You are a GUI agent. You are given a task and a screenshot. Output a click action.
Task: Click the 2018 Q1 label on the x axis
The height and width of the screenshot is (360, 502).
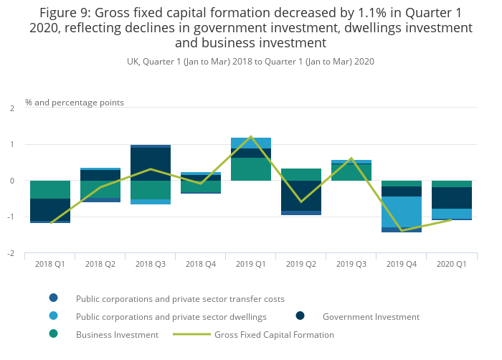[x=50, y=265]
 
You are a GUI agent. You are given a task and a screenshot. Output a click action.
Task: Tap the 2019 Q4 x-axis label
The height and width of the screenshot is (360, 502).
[x=402, y=265]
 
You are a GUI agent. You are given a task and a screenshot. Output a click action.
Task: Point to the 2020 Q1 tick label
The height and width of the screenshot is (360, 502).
[x=452, y=265]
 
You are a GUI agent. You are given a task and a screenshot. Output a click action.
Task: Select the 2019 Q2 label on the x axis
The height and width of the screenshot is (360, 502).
[x=301, y=265]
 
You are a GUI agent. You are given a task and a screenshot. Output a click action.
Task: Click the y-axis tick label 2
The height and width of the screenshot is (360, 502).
[x=11, y=108]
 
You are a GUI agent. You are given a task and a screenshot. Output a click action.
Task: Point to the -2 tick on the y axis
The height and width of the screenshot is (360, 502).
[x=10, y=254]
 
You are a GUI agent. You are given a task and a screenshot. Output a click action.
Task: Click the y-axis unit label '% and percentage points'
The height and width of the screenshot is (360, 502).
[x=75, y=103]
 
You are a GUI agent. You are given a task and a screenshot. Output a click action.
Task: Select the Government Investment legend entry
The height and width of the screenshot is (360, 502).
[x=371, y=316]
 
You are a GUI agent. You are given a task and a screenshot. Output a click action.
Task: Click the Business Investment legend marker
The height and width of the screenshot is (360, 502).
[x=53, y=334]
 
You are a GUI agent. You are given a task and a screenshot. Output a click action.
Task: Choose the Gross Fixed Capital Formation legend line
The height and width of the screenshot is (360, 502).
[x=191, y=334]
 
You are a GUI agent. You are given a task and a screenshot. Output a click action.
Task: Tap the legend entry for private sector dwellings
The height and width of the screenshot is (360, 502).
[x=171, y=316]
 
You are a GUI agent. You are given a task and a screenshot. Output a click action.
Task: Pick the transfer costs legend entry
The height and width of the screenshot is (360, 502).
[x=180, y=298]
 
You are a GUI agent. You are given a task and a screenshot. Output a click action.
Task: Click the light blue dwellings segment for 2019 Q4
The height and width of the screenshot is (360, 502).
[x=402, y=212]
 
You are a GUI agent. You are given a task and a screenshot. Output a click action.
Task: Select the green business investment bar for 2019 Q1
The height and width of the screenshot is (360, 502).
[x=251, y=169]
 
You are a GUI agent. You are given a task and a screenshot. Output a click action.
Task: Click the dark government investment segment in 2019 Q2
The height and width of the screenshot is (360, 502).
[x=301, y=195]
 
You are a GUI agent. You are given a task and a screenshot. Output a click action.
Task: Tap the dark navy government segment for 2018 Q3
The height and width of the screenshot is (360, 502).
[x=151, y=164]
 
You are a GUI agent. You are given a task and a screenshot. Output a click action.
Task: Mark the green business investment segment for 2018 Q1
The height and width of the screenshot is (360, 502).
[x=50, y=189]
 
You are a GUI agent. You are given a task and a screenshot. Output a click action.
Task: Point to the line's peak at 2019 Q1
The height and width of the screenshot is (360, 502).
[x=251, y=136]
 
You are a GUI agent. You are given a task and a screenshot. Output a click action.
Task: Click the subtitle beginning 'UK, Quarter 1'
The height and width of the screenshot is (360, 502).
[x=250, y=62]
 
